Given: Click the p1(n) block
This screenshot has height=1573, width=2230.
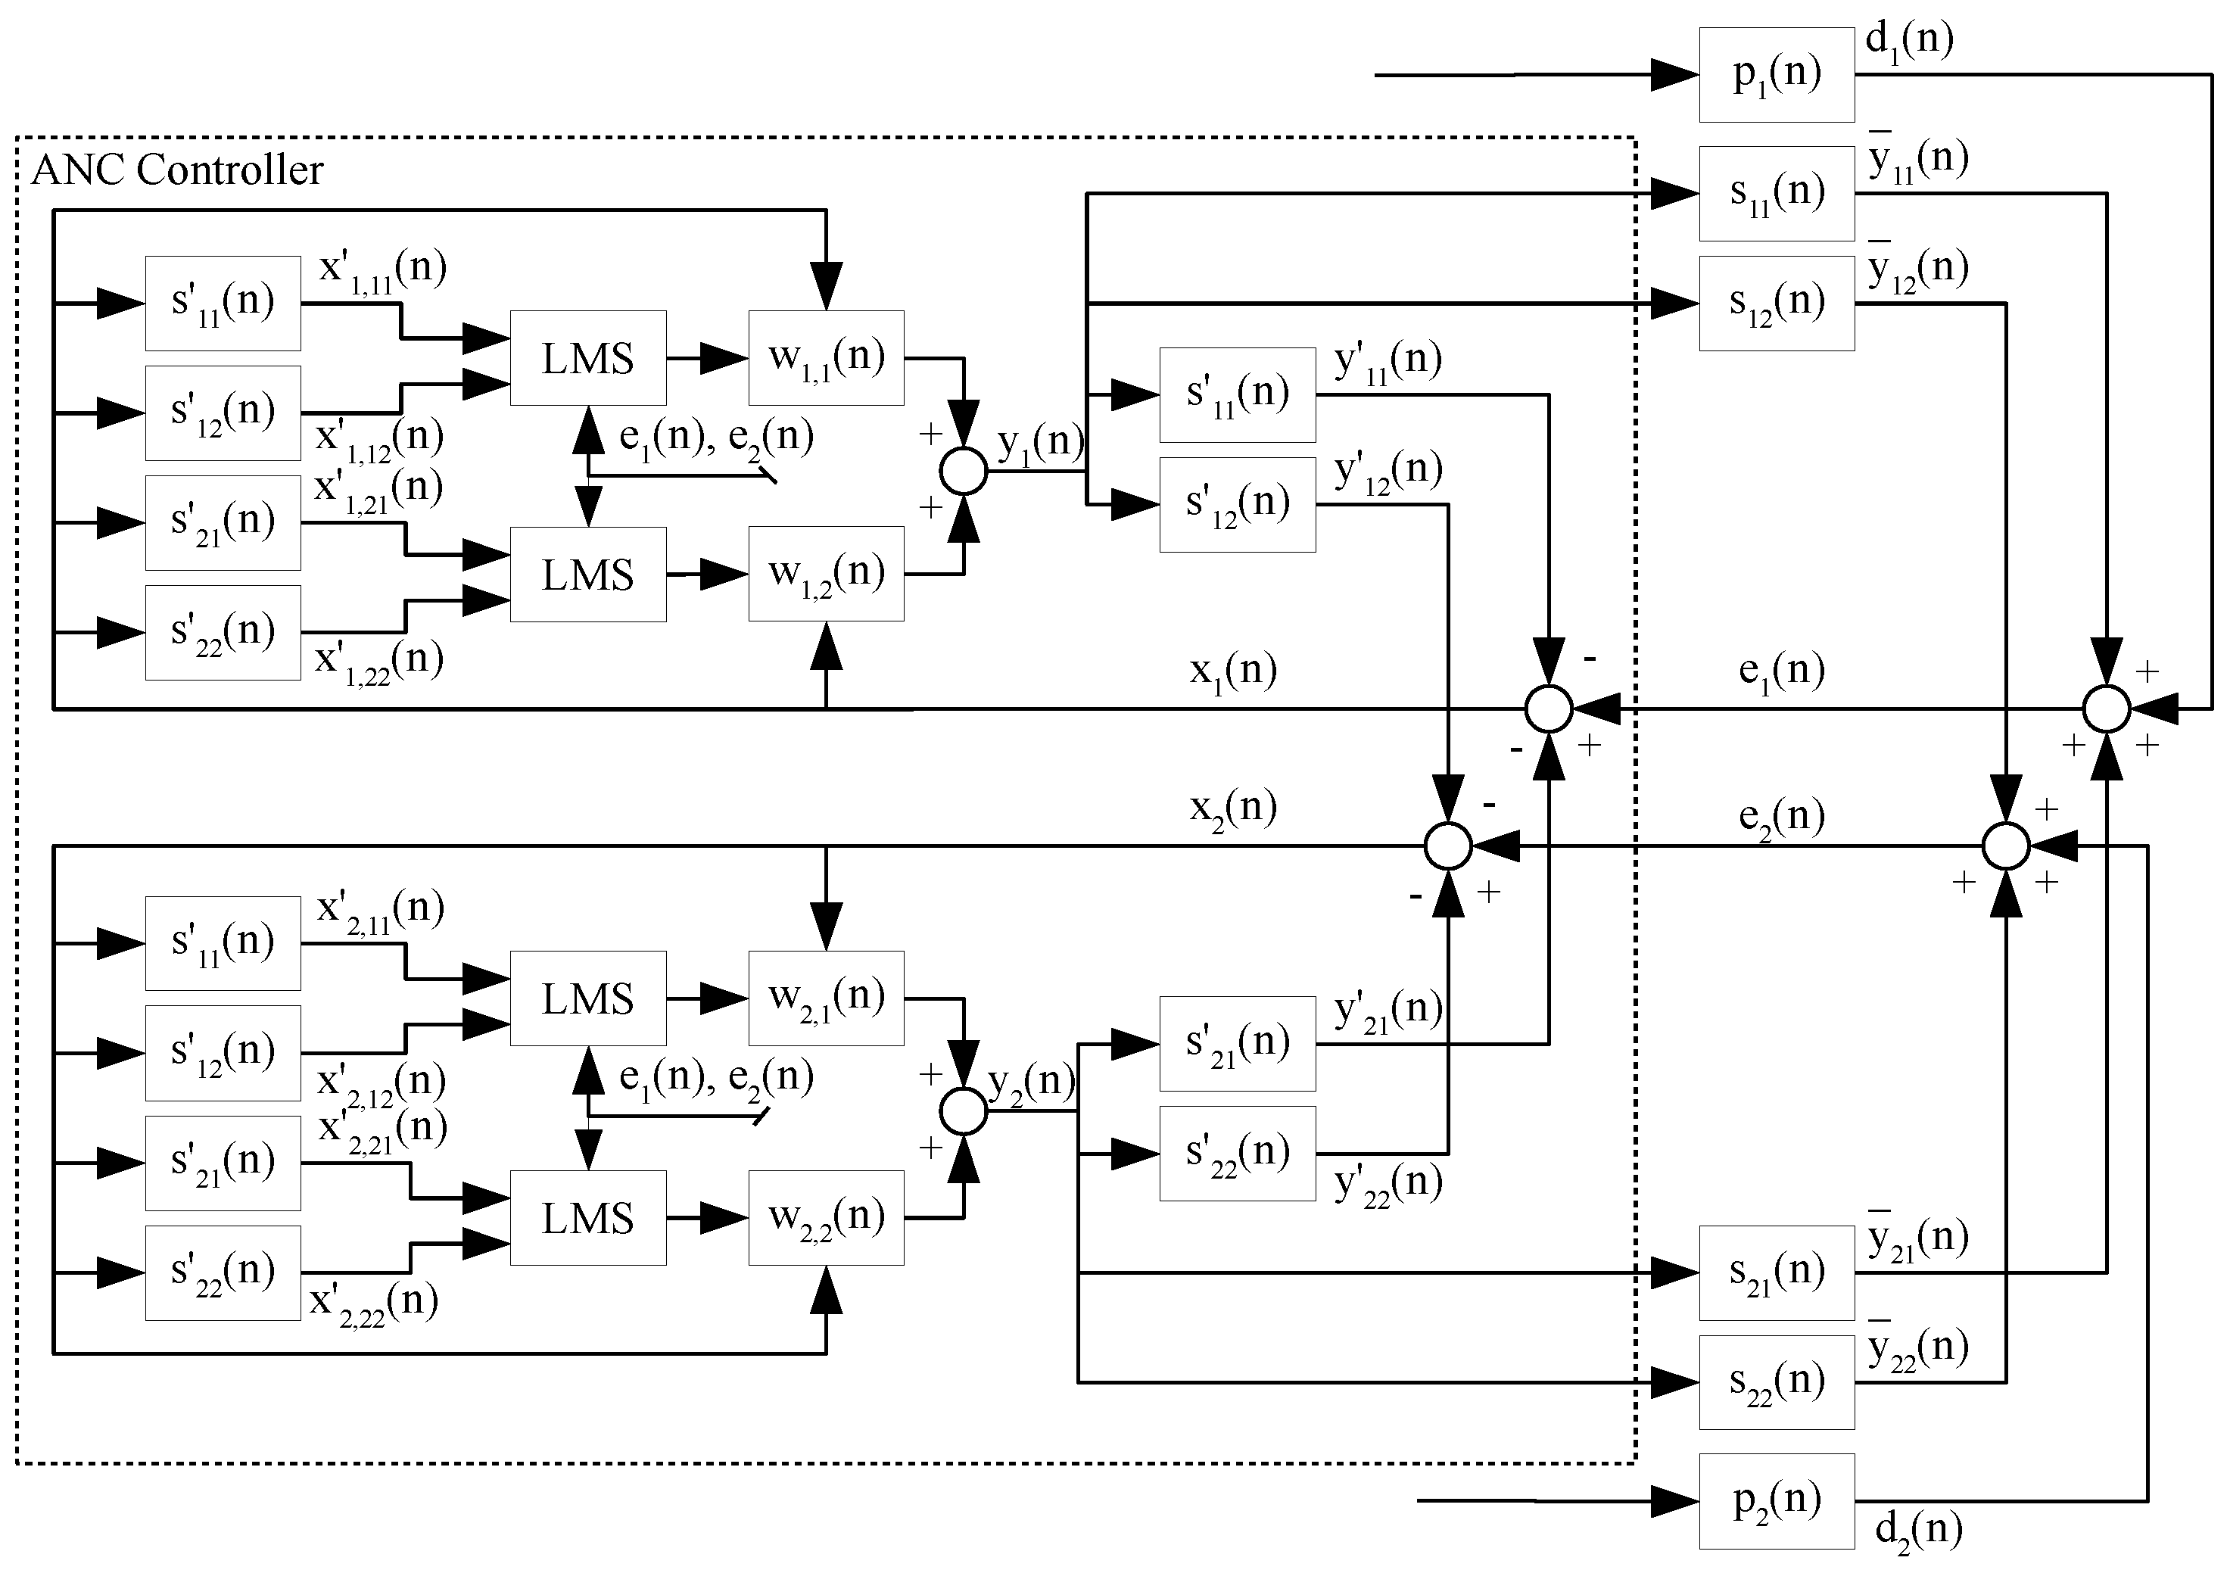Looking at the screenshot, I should pos(1776,75).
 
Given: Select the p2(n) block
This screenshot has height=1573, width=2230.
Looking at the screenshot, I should pos(1776,1501).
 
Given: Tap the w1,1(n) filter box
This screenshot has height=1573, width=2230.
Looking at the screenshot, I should pos(826,357).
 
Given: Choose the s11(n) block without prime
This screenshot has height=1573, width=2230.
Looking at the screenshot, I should pos(1776,193).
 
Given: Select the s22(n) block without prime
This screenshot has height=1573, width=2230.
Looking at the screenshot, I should pos(1776,1381).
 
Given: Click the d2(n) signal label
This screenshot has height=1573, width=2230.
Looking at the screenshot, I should pos(1917,1531).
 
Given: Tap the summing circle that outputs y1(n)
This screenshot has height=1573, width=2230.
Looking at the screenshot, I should pos(964,472).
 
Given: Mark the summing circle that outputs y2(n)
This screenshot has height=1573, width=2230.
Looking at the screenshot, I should pos(964,1110).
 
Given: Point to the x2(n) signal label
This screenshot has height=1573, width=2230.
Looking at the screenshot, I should pos(1232,808).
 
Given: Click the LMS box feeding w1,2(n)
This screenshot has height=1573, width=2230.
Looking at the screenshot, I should pos(587,574).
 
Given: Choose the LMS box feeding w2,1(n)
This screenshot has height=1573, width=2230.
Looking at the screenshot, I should pos(587,998).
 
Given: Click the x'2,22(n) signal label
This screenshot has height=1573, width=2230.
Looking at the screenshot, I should pos(373,1303).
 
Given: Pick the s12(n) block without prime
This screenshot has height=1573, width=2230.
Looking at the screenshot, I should pos(1776,303).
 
